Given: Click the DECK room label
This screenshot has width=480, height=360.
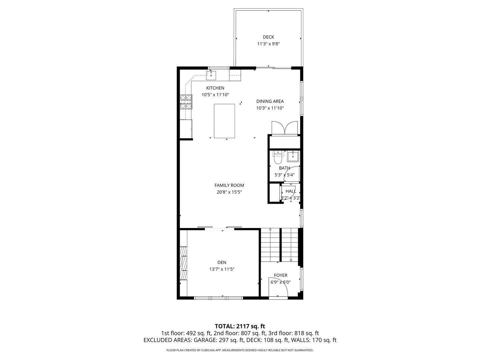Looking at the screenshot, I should click(268, 37).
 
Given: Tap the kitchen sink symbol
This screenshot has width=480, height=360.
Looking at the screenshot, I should click(211, 75).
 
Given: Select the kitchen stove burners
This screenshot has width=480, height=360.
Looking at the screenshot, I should click(186, 102).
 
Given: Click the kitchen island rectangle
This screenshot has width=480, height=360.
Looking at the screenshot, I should click(224, 121).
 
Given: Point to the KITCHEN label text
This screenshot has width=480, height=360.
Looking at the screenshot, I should click(215, 88).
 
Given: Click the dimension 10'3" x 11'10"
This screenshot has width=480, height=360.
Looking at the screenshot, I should click(270, 108).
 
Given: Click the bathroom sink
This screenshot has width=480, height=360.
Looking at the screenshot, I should click(293, 156).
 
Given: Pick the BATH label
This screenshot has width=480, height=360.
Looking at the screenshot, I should click(284, 168).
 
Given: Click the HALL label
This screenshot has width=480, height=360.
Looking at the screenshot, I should click(291, 191).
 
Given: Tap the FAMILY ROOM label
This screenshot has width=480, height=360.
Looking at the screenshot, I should click(229, 185).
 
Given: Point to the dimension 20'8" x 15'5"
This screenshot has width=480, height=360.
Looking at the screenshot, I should click(229, 192).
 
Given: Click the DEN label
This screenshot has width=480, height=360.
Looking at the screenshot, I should click(222, 263).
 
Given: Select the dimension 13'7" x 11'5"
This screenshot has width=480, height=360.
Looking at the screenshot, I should click(222, 269).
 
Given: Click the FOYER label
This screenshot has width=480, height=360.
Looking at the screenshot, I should click(280, 275).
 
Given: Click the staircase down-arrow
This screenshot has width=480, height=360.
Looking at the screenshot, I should click(291, 260).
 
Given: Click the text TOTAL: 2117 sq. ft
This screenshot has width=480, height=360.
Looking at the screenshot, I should click(240, 326).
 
